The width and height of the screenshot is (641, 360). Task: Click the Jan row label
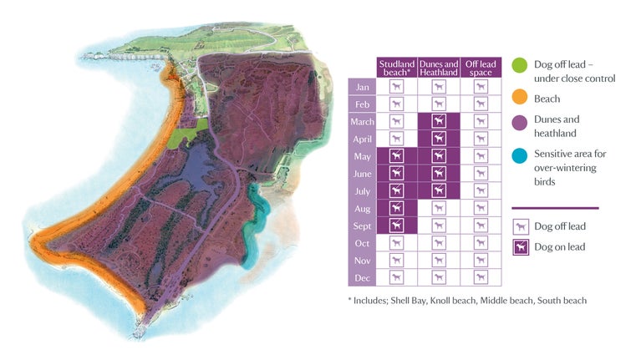tap(362, 86)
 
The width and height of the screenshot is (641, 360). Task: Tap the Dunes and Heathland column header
tap(438, 68)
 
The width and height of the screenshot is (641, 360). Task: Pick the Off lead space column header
tap(479, 68)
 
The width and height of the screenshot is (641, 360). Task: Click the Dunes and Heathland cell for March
tap(438, 122)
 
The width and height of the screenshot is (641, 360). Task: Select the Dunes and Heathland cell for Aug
tap(438, 208)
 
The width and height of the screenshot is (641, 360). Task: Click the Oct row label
tap(362, 242)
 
